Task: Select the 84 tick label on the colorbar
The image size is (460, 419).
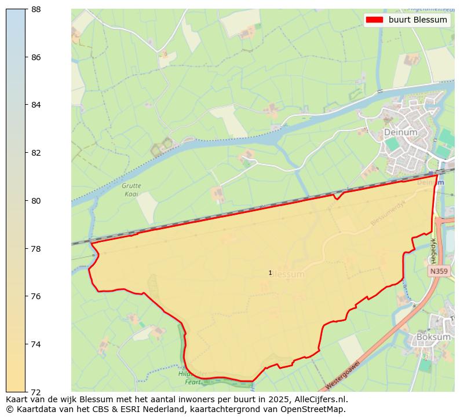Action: coord(35,105)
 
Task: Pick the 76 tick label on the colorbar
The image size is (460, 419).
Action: coord(35,296)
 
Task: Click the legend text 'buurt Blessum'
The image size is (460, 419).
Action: coord(418,20)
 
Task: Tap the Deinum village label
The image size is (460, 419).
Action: coord(400,133)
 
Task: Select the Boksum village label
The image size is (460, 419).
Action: coord(433,337)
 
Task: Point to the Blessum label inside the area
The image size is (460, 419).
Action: coord(287,274)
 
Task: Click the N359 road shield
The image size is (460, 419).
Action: coord(439,271)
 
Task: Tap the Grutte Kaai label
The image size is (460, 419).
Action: coord(132,190)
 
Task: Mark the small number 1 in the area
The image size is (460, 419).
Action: coord(270,273)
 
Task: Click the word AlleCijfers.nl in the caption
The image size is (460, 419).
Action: coord(318,399)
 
